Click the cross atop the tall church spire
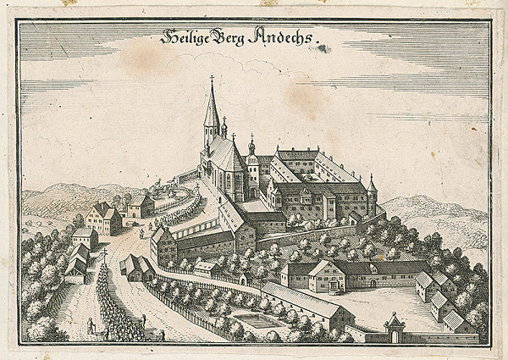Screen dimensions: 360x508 [212, 80]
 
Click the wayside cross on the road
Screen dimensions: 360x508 [106, 255]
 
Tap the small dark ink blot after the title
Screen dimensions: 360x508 [322, 48]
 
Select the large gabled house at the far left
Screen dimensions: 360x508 [103, 220]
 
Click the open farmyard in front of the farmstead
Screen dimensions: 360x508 [373, 305]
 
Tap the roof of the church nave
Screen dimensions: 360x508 [224, 154]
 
